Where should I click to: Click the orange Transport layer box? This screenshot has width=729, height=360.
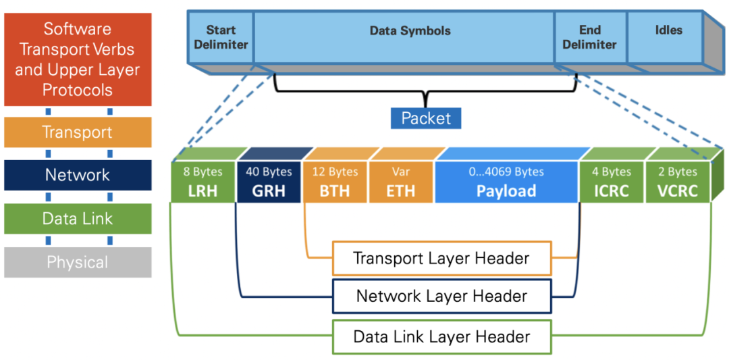(78, 132)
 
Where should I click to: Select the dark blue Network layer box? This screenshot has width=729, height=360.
(78, 176)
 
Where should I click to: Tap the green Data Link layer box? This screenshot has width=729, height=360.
(78, 219)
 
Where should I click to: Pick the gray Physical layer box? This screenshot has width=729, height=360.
(78, 262)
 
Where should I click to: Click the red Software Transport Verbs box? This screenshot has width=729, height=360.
(78, 59)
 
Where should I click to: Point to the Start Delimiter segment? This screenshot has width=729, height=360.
(221, 38)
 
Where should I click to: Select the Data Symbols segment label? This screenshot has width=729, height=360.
(410, 31)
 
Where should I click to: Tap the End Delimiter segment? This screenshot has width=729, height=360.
(589, 38)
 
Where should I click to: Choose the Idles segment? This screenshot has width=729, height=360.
(668, 31)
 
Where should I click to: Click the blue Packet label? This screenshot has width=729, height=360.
(426, 119)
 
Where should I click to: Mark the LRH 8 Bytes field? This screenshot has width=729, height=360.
(202, 182)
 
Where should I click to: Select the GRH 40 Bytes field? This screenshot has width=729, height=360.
(268, 182)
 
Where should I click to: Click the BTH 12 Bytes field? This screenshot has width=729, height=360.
(335, 182)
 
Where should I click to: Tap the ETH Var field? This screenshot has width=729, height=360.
(401, 182)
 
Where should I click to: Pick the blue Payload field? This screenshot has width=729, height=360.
(506, 182)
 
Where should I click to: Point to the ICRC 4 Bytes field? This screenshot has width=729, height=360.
(611, 182)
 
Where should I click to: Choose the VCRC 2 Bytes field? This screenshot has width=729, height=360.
(677, 182)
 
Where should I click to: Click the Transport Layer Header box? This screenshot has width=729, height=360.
(441, 259)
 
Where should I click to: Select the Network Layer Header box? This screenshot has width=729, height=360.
(441, 297)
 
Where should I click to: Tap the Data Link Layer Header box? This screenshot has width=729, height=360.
(441, 336)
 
